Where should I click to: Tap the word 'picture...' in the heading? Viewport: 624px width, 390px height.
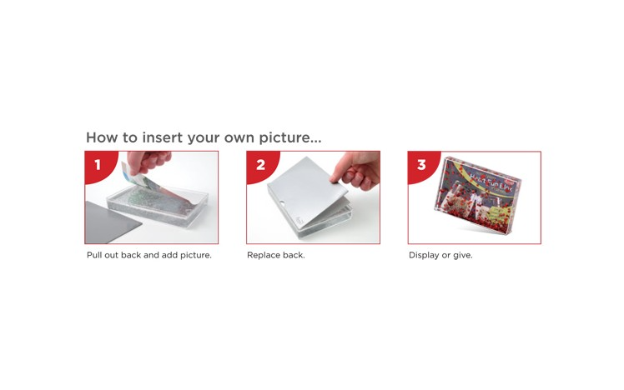(290, 138)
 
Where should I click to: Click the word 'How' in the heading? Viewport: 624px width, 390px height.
(102, 137)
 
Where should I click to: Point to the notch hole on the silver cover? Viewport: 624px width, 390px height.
(282, 204)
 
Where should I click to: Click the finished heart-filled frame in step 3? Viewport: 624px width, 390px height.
(477, 195)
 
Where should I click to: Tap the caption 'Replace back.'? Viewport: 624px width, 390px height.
(276, 255)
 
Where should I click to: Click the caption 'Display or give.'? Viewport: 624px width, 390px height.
(440, 255)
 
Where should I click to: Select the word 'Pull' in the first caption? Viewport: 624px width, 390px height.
(94, 255)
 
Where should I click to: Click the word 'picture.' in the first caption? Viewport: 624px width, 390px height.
(196, 255)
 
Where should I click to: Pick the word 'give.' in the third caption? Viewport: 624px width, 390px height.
(463, 256)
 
